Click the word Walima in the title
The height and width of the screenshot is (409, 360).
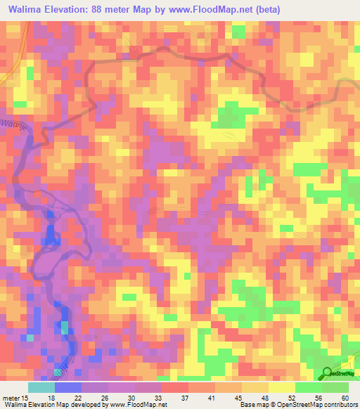pos(27,11)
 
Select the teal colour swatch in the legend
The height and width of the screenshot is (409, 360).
pos(41,387)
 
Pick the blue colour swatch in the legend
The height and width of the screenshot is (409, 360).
pos(68,387)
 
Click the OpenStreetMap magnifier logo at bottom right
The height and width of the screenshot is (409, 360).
pos(328,373)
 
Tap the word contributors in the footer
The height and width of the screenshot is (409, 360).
pos(336,405)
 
